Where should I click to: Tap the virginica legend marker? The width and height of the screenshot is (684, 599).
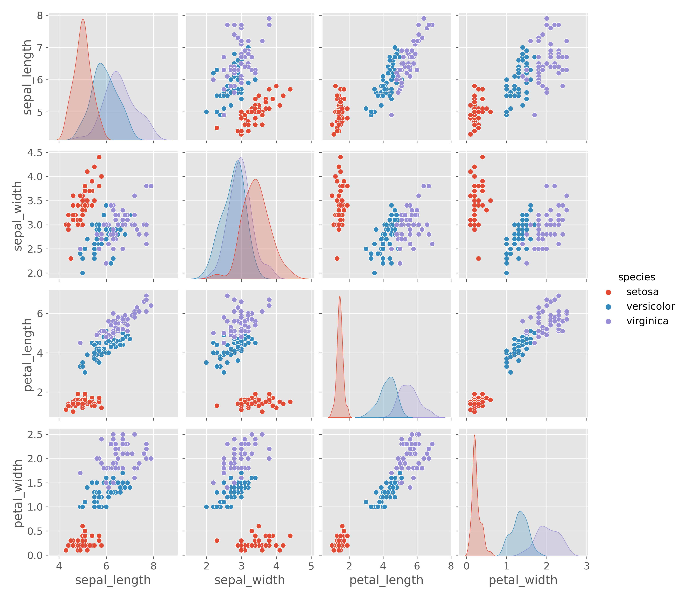(608, 321)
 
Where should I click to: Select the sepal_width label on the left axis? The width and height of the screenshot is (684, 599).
(17, 216)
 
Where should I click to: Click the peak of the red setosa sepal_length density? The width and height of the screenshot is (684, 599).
(83, 19)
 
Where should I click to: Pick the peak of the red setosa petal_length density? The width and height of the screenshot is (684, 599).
(340, 296)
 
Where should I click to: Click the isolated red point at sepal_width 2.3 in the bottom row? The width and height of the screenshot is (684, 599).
(217, 540)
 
